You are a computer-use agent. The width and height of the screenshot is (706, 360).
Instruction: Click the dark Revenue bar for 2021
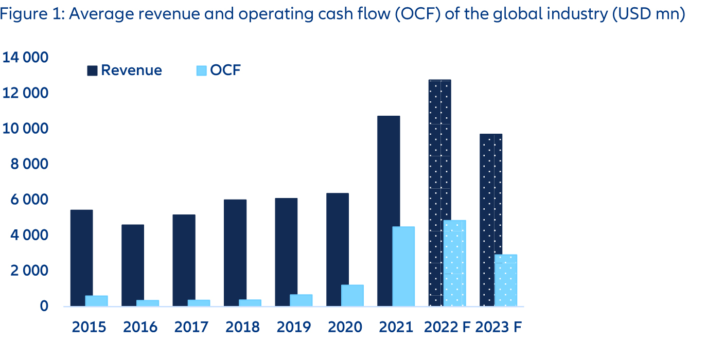(389, 211)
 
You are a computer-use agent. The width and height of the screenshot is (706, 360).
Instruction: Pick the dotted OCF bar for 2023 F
(506, 280)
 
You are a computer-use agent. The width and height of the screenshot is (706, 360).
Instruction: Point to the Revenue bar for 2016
(133, 265)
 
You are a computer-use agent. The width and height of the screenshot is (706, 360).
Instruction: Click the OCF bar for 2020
(352, 296)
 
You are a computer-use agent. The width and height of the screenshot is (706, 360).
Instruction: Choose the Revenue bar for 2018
(235, 253)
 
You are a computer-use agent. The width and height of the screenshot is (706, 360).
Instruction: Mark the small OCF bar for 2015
(96, 301)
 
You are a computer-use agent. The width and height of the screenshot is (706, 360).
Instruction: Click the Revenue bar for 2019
(286, 252)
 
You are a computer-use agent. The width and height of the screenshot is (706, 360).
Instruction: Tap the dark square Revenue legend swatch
(93, 71)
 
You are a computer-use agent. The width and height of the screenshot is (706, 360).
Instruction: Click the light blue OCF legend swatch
(201, 71)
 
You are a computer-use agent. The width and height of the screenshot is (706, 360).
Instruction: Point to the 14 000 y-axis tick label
(26, 58)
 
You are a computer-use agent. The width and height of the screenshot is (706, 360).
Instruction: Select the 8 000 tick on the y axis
(29, 164)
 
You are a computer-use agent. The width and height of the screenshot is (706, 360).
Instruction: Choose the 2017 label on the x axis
(191, 327)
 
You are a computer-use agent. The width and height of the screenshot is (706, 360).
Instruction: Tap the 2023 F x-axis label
(499, 327)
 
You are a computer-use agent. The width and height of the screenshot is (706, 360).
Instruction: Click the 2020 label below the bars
(345, 327)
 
